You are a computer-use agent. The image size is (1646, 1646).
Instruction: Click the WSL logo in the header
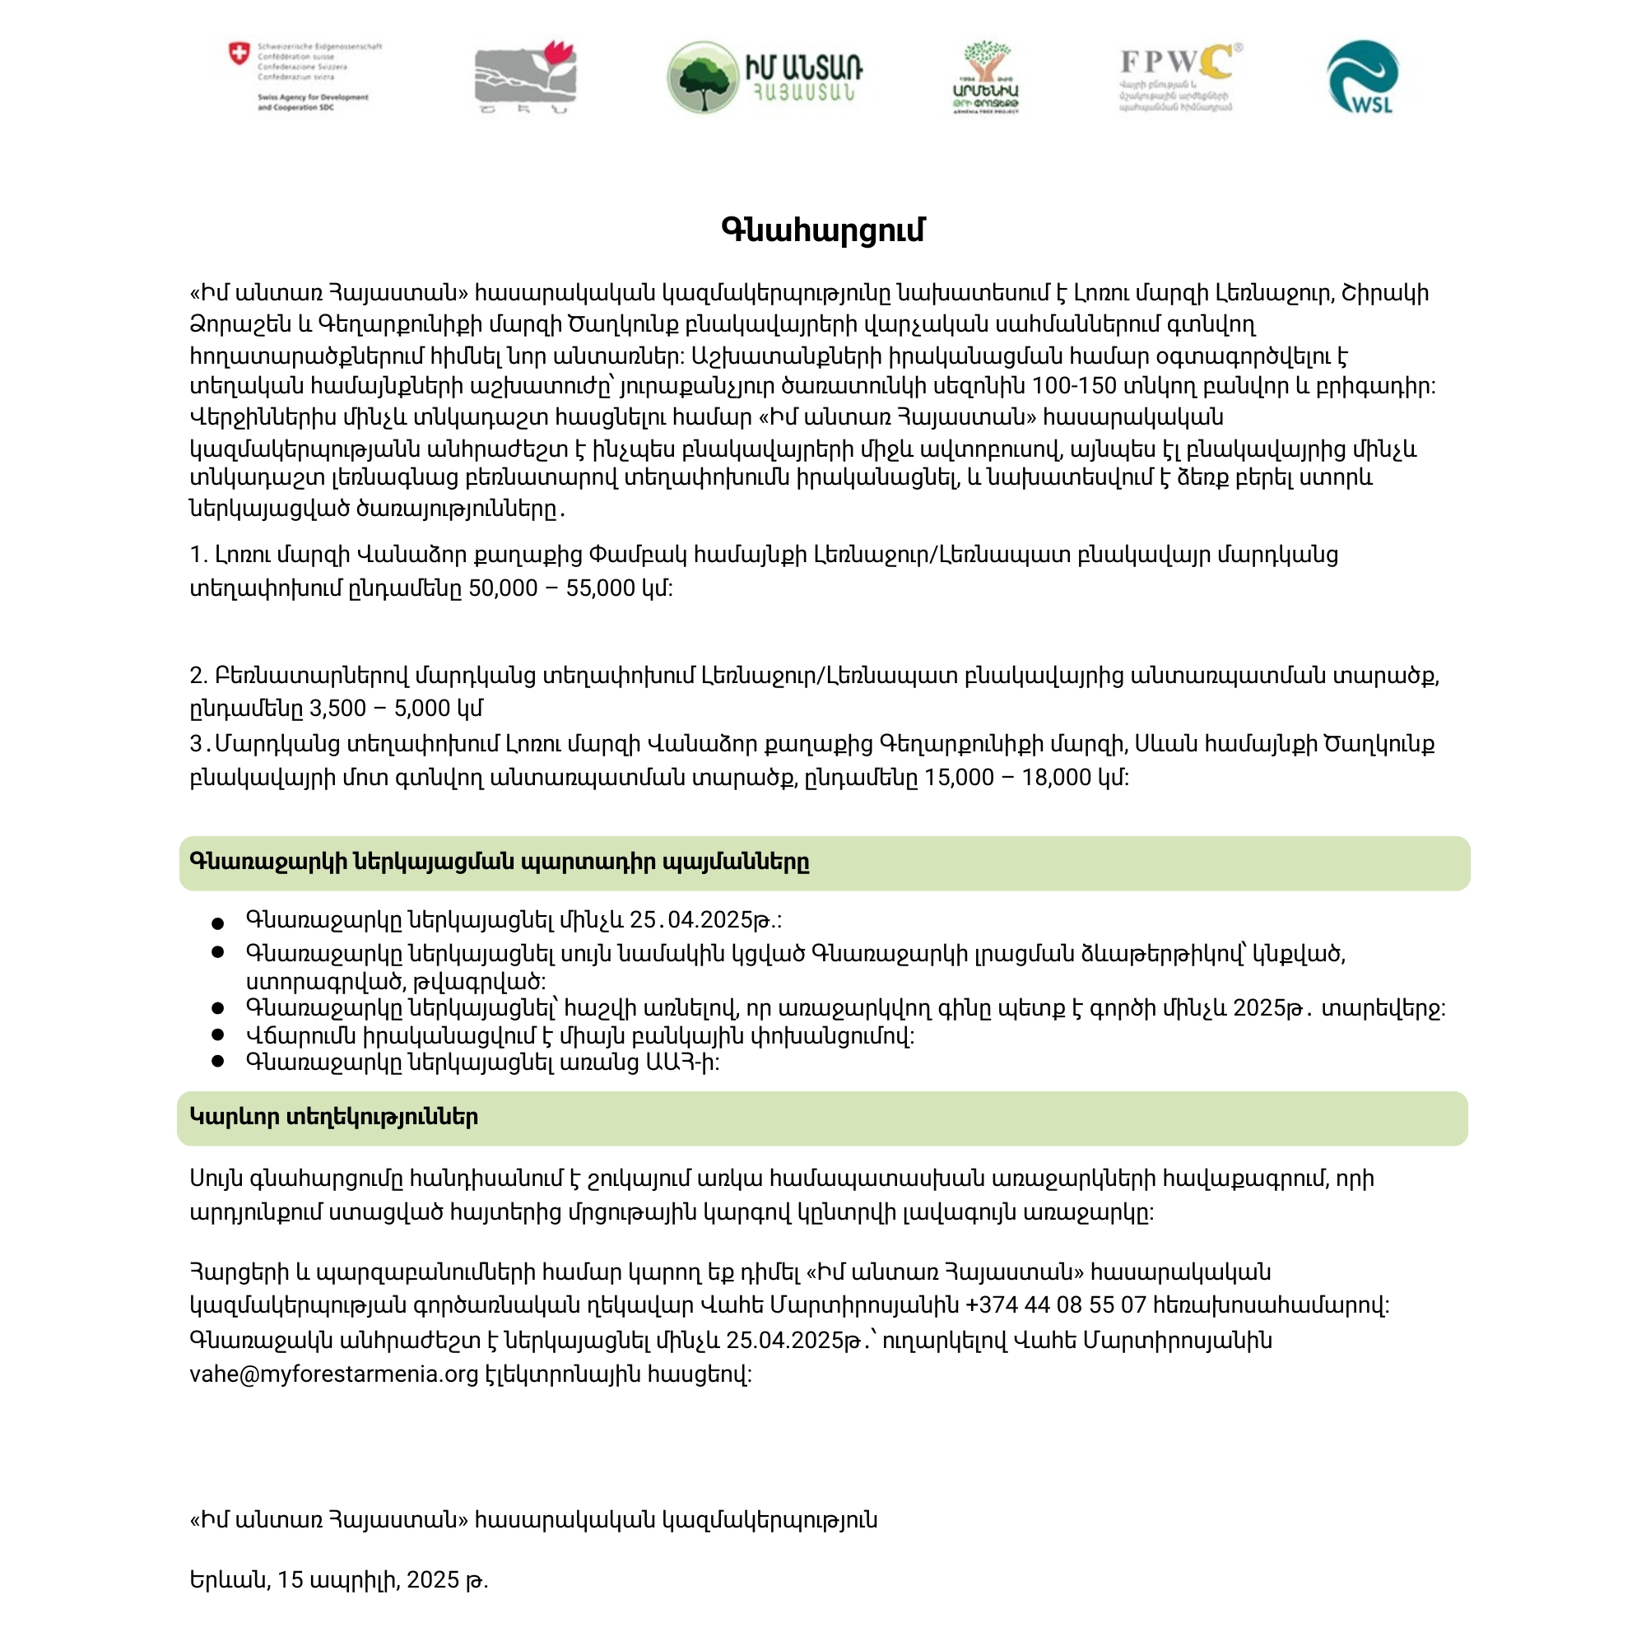click(x=1362, y=77)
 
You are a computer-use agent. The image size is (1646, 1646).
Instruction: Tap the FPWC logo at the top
click(x=1179, y=77)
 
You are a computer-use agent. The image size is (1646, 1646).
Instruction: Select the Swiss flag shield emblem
click(x=239, y=53)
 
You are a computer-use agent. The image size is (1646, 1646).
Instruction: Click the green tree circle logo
click(x=702, y=77)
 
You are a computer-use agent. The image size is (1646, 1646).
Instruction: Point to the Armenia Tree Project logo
click(x=986, y=77)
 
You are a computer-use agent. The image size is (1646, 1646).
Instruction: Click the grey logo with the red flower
click(x=525, y=77)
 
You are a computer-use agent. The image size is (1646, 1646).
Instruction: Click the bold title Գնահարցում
click(x=822, y=230)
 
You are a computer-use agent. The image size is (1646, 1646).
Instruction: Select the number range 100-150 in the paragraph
click(x=1073, y=386)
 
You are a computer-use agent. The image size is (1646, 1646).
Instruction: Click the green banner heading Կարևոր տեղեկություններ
click(x=333, y=1117)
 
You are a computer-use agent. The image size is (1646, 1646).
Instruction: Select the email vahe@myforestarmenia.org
click(x=334, y=1374)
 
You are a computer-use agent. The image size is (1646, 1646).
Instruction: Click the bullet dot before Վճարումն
click(x=218, y=1035)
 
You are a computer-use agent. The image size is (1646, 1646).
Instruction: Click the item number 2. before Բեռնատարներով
click(x=198, y=677)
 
